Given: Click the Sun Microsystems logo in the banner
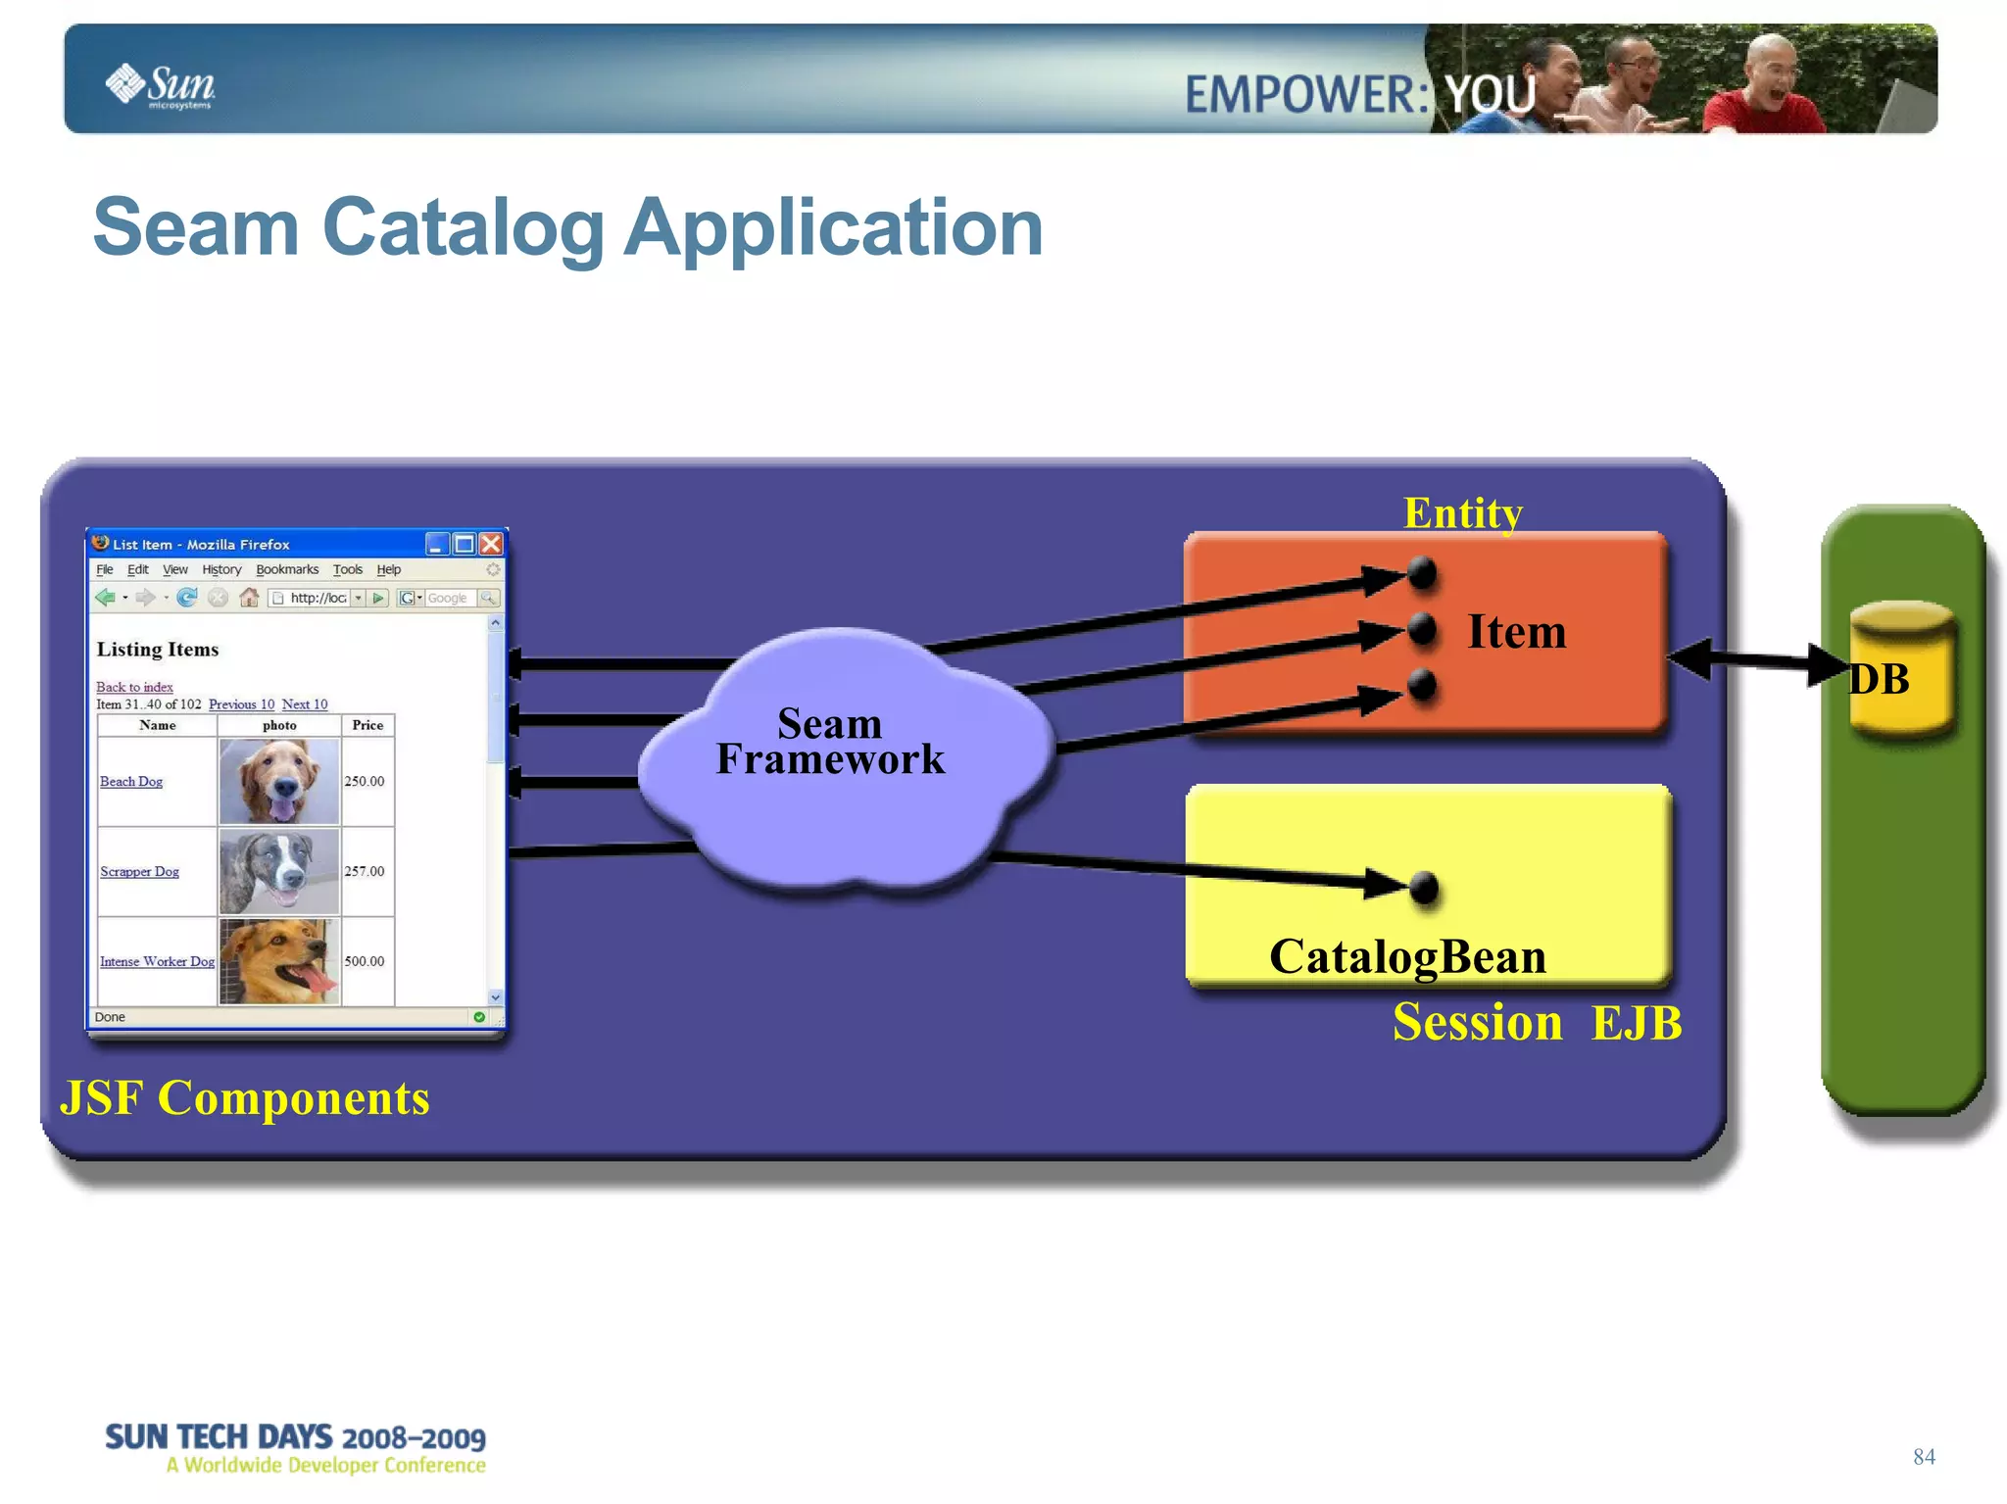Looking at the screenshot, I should [x=161, y=86].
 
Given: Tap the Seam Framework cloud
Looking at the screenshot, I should [x=831, y=745].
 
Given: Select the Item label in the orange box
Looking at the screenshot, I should [x=1516, y=632].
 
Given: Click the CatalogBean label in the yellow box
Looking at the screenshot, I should [x=1407, y=957].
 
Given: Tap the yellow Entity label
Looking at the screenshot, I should [x=1462, y=513].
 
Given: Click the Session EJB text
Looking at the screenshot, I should [x=1536, y=1023].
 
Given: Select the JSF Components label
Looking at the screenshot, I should [x=245, y=1098].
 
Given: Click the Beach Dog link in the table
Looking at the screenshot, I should [x=131, y=782].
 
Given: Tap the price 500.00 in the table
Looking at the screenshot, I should [x=365, y=961].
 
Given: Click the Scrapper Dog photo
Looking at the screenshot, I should [x=279, y=871].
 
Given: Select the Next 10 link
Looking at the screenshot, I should [x=305, y=704].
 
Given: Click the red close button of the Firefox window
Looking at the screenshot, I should [x=491, y=544].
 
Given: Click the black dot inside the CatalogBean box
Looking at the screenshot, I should [x=1423, y=889].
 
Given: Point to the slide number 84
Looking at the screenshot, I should [x=1924, y=1457].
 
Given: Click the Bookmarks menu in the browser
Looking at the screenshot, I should [x=287, y=569].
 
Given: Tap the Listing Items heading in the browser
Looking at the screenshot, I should [x=158, y=650].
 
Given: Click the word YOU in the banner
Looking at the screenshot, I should [x=1490, y=95].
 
